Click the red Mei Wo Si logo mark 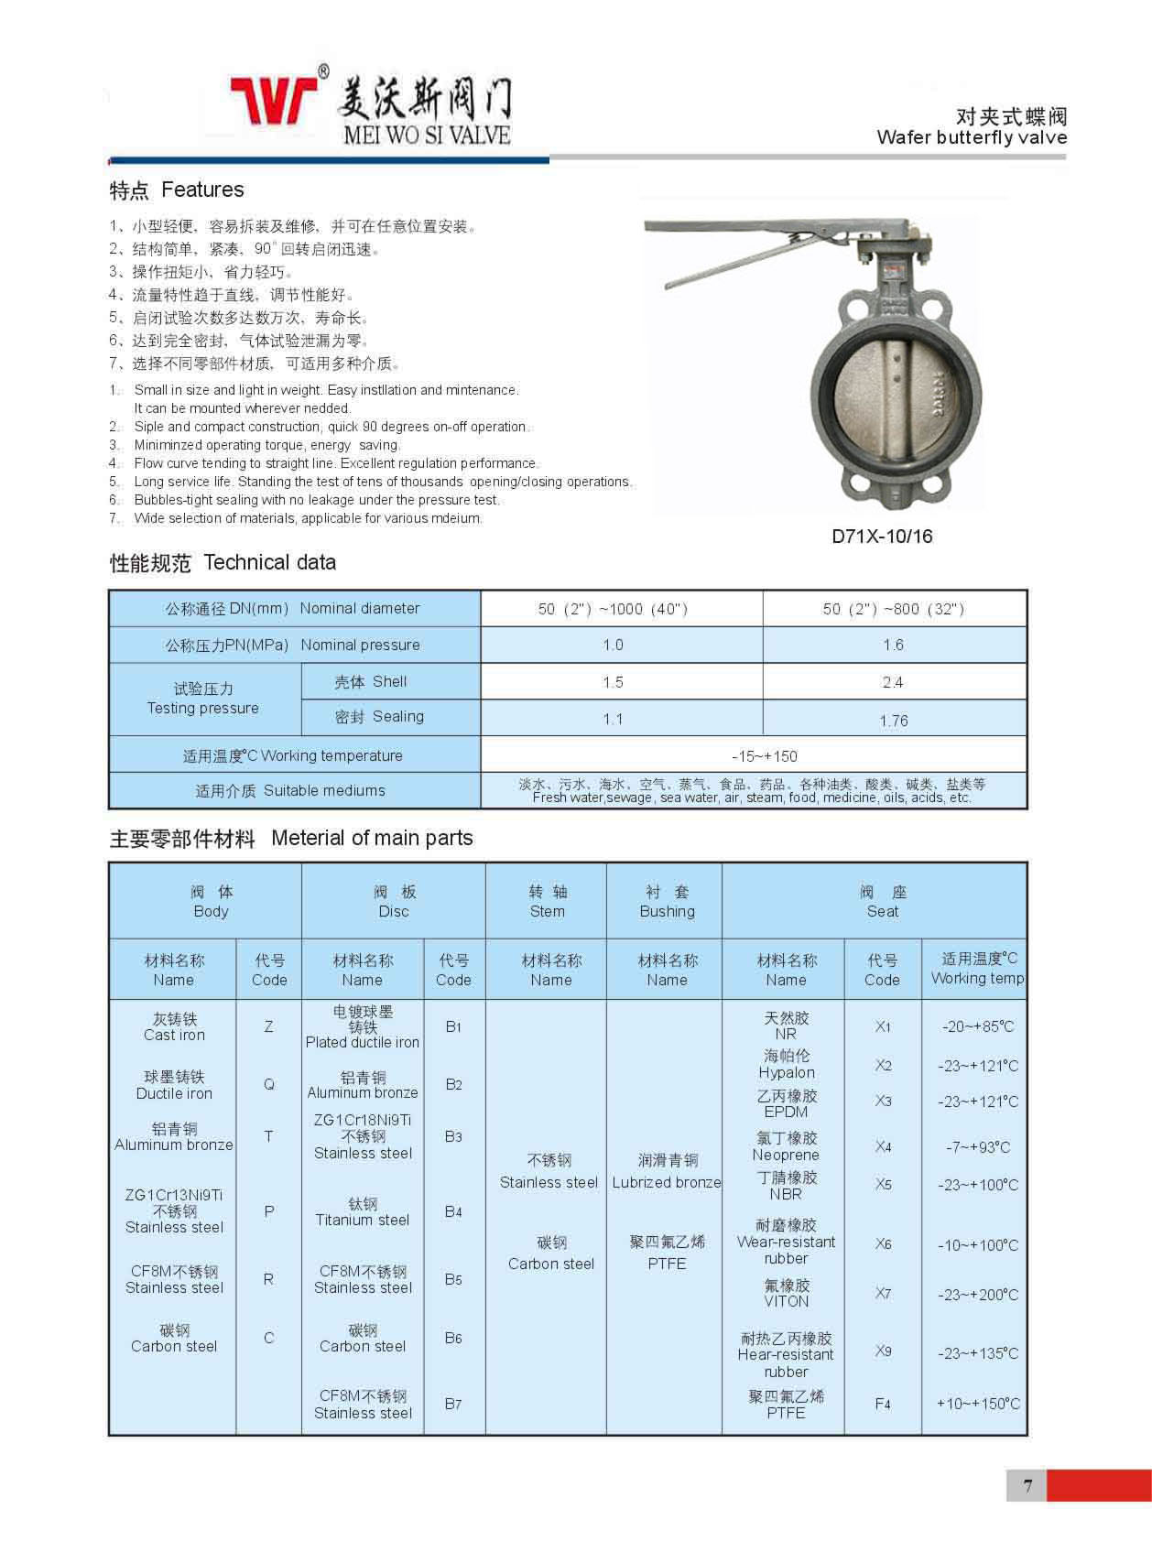coord(273,100)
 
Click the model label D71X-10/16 coord(881,537)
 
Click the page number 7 coord(1027,1485)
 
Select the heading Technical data coord(269,562)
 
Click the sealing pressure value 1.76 coord(893,721)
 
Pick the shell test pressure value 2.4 coord(892,682)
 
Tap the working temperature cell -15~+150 coord(764,756)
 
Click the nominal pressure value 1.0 coord(613,645)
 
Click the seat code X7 coord(883,1294)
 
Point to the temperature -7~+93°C coord(977,1147)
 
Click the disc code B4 coord(453,1211)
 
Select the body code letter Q coord(268,1085)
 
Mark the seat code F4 coord(883,1404)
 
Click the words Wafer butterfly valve coord(971,137)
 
